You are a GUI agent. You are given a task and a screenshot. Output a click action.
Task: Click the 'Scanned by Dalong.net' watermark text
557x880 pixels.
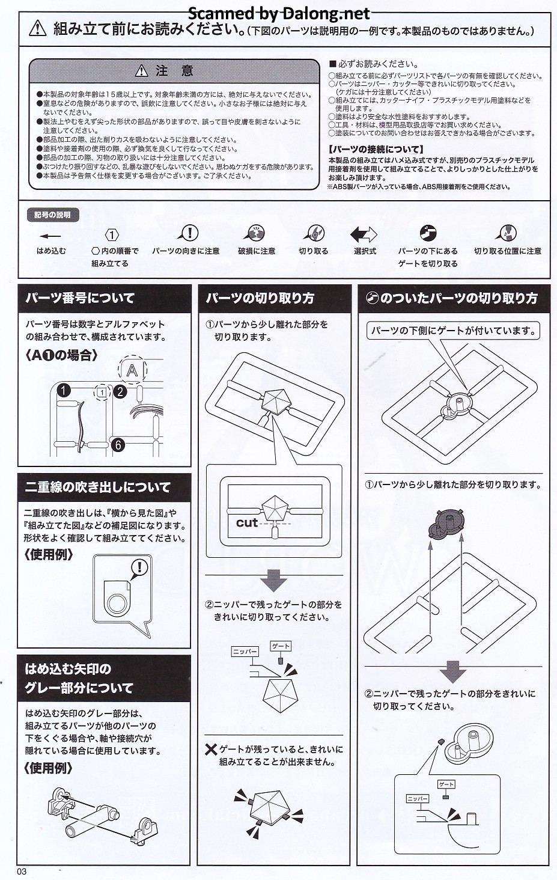point(279,14)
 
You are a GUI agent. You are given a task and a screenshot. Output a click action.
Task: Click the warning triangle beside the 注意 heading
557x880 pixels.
point(141,71)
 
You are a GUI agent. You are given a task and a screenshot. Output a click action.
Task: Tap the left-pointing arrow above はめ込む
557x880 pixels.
point(50,236)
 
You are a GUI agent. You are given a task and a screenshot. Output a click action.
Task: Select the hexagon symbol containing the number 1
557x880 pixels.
point(112,235)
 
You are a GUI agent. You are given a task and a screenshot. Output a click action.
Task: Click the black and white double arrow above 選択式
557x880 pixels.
point(364,234)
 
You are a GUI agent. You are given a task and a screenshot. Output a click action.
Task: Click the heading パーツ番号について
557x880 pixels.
point(80,298)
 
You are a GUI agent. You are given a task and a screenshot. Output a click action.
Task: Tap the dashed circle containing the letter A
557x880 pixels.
point(132,370)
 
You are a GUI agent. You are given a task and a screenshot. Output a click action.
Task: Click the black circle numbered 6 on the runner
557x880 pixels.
point(117,445)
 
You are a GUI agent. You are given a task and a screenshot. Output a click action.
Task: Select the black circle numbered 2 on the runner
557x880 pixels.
point(120,391)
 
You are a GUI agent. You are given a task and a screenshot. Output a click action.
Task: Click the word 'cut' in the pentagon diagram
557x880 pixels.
point(247,523)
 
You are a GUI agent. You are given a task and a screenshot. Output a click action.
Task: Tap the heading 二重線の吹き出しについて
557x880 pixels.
point(98,487)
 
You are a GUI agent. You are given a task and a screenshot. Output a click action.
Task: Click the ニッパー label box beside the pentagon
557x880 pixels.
point(245,652)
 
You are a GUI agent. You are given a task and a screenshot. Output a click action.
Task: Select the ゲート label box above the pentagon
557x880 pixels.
point(281,646)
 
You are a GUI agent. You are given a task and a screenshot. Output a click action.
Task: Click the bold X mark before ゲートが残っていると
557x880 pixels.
point(211,750)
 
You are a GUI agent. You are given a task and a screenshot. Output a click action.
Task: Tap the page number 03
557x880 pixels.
point(22,872)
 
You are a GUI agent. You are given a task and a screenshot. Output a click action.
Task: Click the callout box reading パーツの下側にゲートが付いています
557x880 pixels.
point(453,331)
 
